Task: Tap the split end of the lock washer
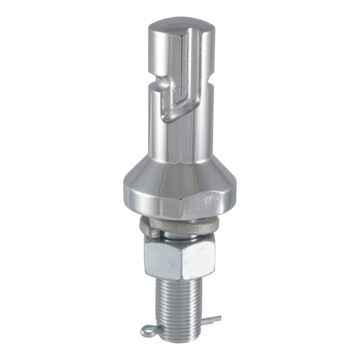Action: (150, 228)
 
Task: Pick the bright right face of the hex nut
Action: (198, 257)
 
